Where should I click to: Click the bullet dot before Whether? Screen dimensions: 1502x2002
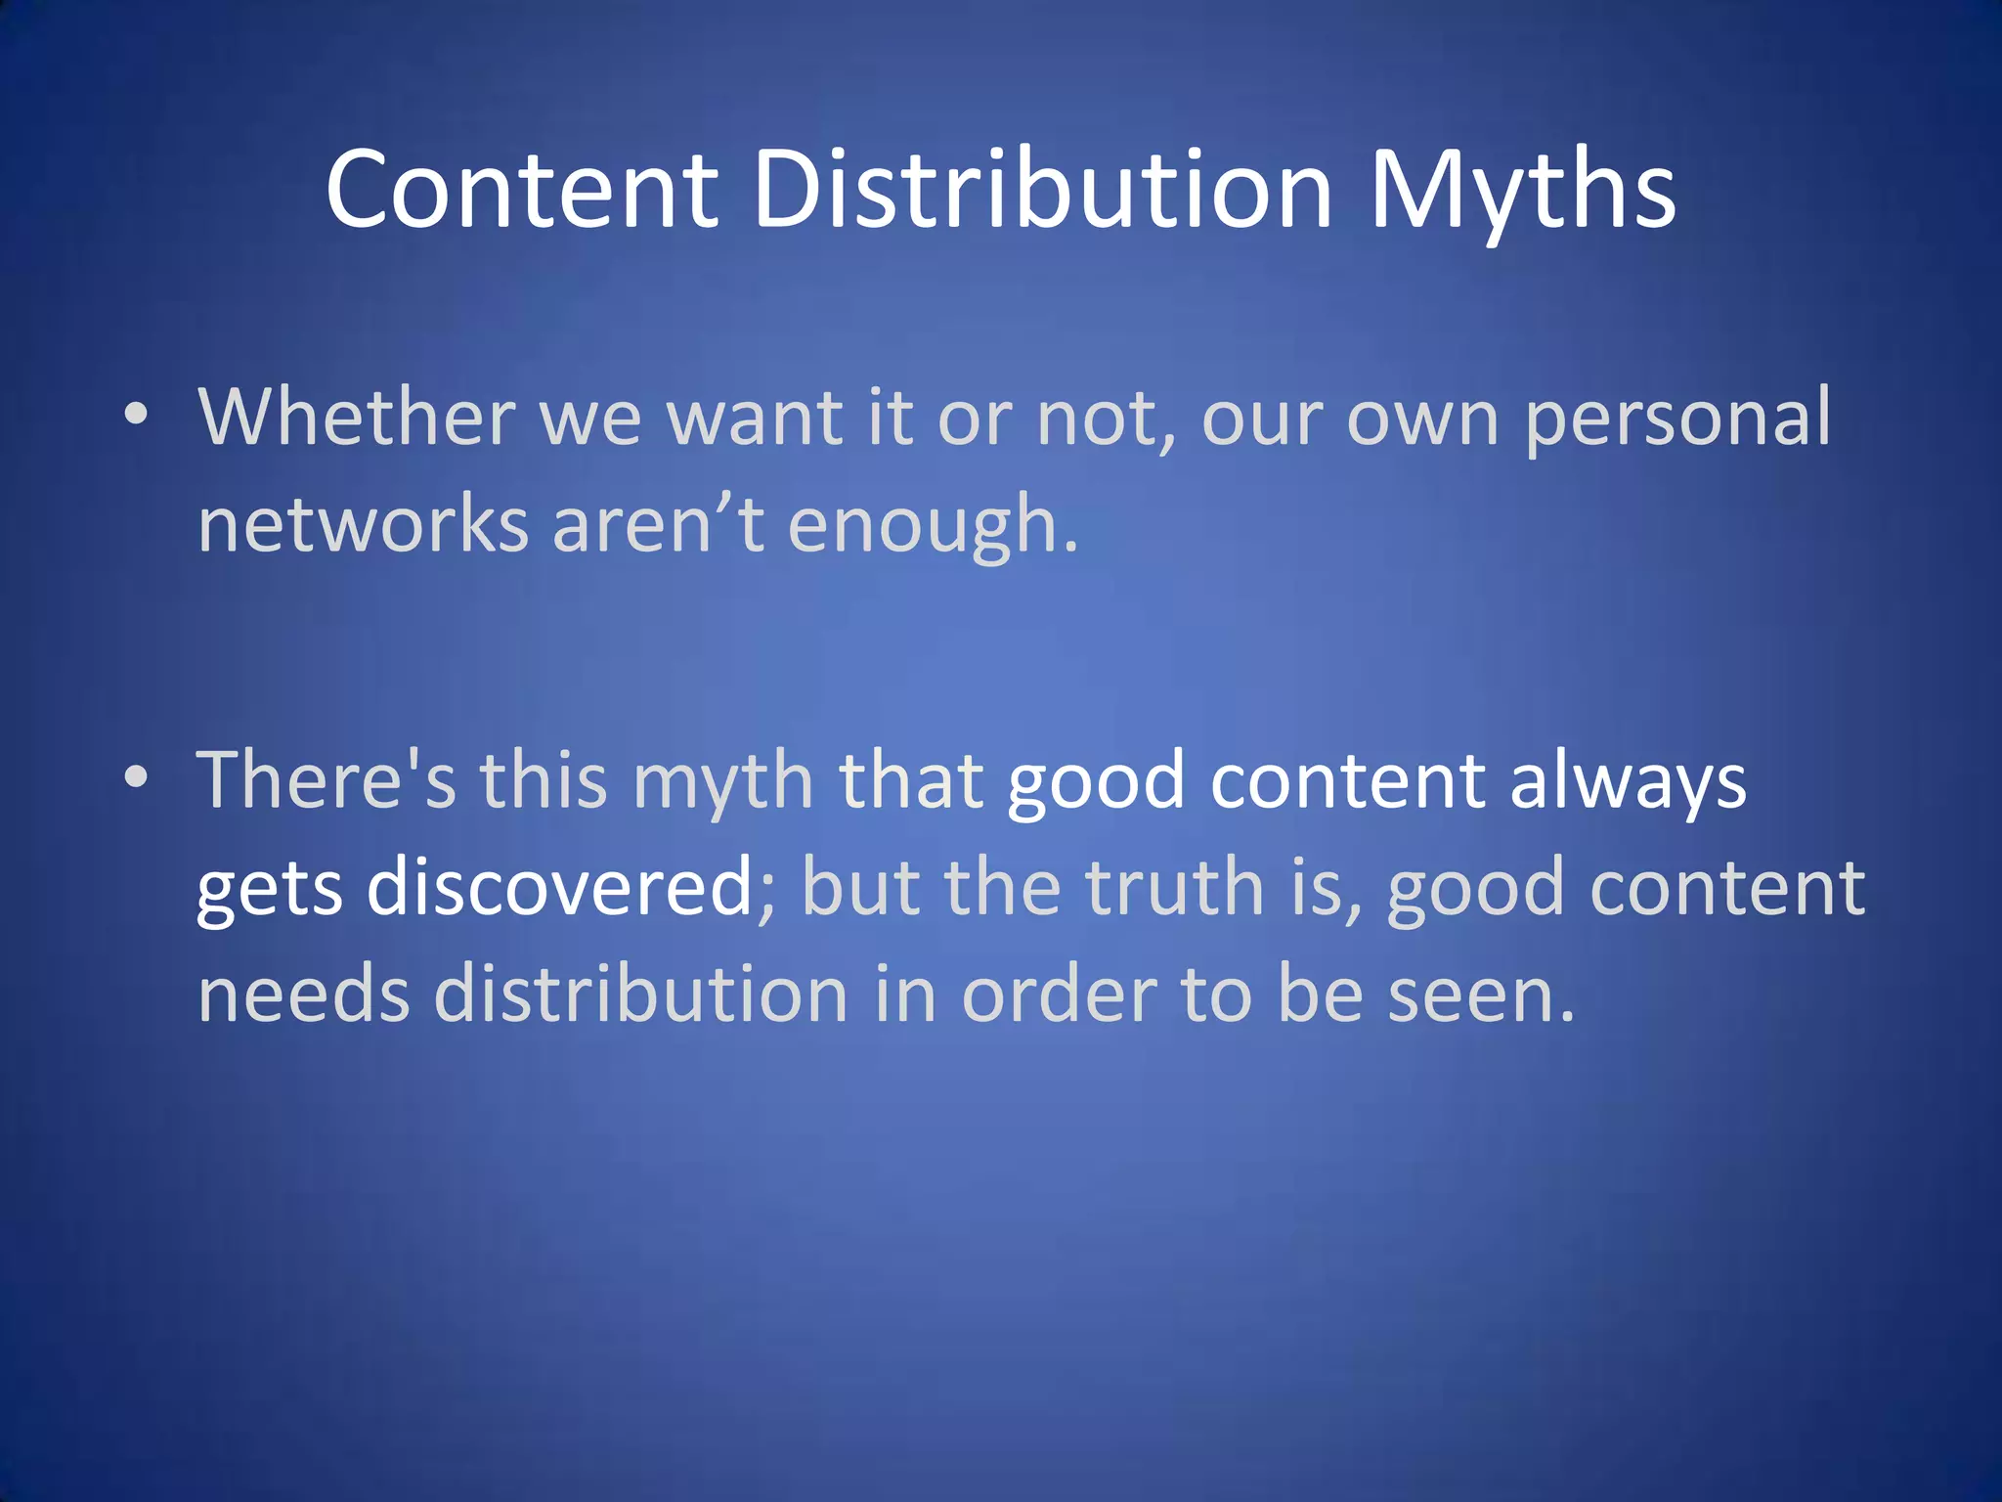(x=137, y=414)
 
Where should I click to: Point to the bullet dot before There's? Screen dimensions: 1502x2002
(x=137, y=777)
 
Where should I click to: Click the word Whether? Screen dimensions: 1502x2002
(x=357, y=418)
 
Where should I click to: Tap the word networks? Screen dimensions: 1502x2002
(x=363, y=524)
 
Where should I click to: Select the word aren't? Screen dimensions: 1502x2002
(x=658, y=524)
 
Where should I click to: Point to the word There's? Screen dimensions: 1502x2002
(x=326, y=779)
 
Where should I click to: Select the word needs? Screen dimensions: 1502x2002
(x=303, y=994)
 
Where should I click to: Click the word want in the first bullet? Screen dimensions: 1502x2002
(x=754, y=418)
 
